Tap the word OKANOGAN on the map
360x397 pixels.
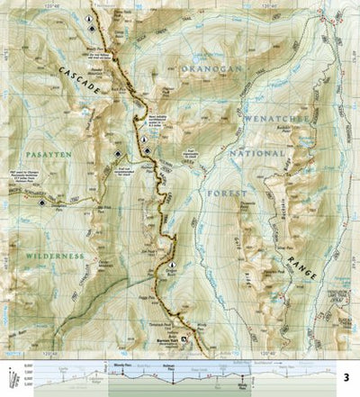tap(208, 68)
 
